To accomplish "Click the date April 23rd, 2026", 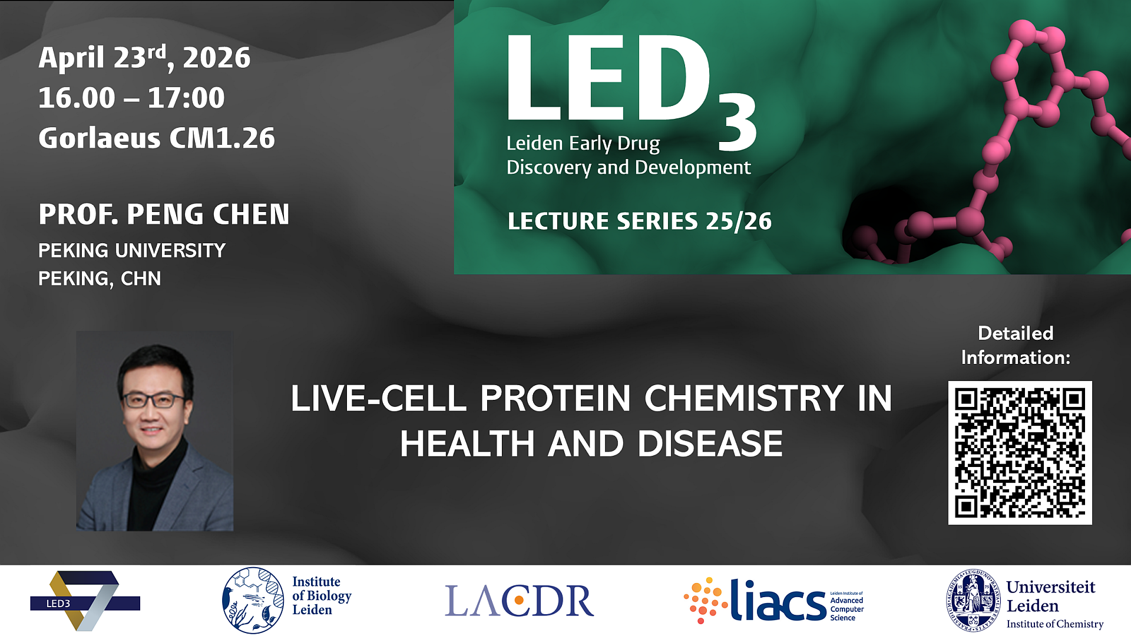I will click(x=144, y=58).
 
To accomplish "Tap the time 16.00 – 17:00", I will click(x=131, y=98).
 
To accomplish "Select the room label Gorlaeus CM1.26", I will click(x=157, y=138).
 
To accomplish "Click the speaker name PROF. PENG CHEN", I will click(x=164, y=214).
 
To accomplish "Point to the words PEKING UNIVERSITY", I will click(x=132, y=251).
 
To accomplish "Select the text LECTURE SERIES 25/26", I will click(x=639, y=221).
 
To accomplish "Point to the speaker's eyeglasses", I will click(x=154, y=400).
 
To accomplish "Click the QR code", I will click(x=1020, y=452).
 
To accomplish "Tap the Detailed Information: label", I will click(x=1016, y=345).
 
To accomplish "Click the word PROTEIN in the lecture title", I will click(x=555, y=399).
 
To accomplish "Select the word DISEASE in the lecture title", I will click(x=710, y=444).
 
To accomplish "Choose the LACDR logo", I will click(x=519, y=601).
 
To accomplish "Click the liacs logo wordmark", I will click(x=778, y=601).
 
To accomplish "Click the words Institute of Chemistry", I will click(x=1054, y=624).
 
